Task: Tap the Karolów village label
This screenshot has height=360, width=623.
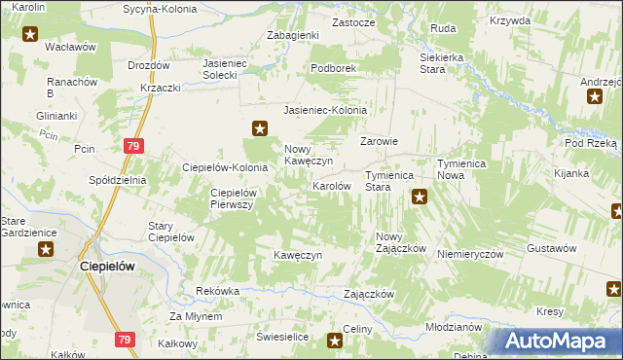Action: click(331, 185)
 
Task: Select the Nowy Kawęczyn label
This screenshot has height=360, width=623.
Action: click(310, 155)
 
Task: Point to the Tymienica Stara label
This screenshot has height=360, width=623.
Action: click(390, 181)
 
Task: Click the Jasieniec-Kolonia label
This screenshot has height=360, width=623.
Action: click(325, 111)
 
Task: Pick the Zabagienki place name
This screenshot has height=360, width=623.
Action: click(293, 35)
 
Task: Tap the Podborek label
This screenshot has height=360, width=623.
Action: click(335, 69)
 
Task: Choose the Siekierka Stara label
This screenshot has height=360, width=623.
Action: click(432, 63)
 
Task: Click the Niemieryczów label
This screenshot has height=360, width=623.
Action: click(469, 253)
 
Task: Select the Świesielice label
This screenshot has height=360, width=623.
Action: click(282, 336)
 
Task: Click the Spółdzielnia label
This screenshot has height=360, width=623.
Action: click(117, 180)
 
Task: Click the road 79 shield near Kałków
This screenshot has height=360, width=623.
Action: click(123, 340)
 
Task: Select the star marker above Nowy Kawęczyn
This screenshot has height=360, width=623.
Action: click(260, 127)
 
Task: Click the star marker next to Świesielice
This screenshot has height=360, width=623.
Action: click(336, 340)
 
